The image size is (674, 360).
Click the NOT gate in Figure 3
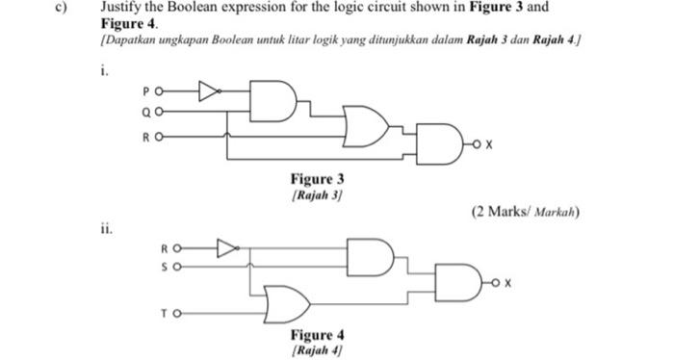coord(208,92)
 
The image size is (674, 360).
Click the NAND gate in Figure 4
coord(461,283)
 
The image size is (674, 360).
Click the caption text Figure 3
coord(317,179)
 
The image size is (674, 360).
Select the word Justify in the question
coord(122,8)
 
